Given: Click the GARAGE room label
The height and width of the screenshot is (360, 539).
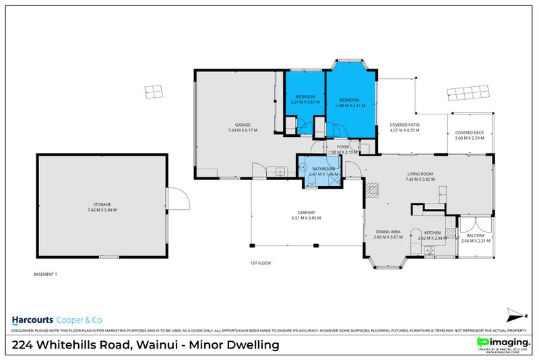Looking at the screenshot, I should (x=243, y=125).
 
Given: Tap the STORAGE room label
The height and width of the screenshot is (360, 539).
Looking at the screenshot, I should (x=102, y=204).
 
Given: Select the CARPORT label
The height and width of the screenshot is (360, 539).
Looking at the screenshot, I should (x=306, y=212).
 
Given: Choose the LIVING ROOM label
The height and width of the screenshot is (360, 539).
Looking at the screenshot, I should (x=419, y=173).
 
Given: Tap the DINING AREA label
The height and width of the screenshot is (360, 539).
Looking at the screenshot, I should (x=388, y=232).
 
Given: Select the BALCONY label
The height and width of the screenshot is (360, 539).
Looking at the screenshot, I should (x=476, y=235).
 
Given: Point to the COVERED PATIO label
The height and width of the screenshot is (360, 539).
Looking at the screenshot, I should (x=404, y=125).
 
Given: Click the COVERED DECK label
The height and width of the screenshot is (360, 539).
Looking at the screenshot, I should (x=469, y=133).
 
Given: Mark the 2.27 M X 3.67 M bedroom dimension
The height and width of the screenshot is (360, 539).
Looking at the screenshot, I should (x=305, y=102).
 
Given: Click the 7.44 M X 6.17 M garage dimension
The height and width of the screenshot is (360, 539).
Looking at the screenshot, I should (x=243, y=130).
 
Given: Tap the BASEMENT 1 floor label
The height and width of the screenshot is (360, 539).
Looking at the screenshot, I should (x=46, y=274).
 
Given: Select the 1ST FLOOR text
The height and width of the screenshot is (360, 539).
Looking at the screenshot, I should (x=260, y=263).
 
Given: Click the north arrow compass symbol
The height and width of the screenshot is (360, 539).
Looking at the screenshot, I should (x=514, y=315).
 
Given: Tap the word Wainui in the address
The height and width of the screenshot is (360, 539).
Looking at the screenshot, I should (x=163, y=345).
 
